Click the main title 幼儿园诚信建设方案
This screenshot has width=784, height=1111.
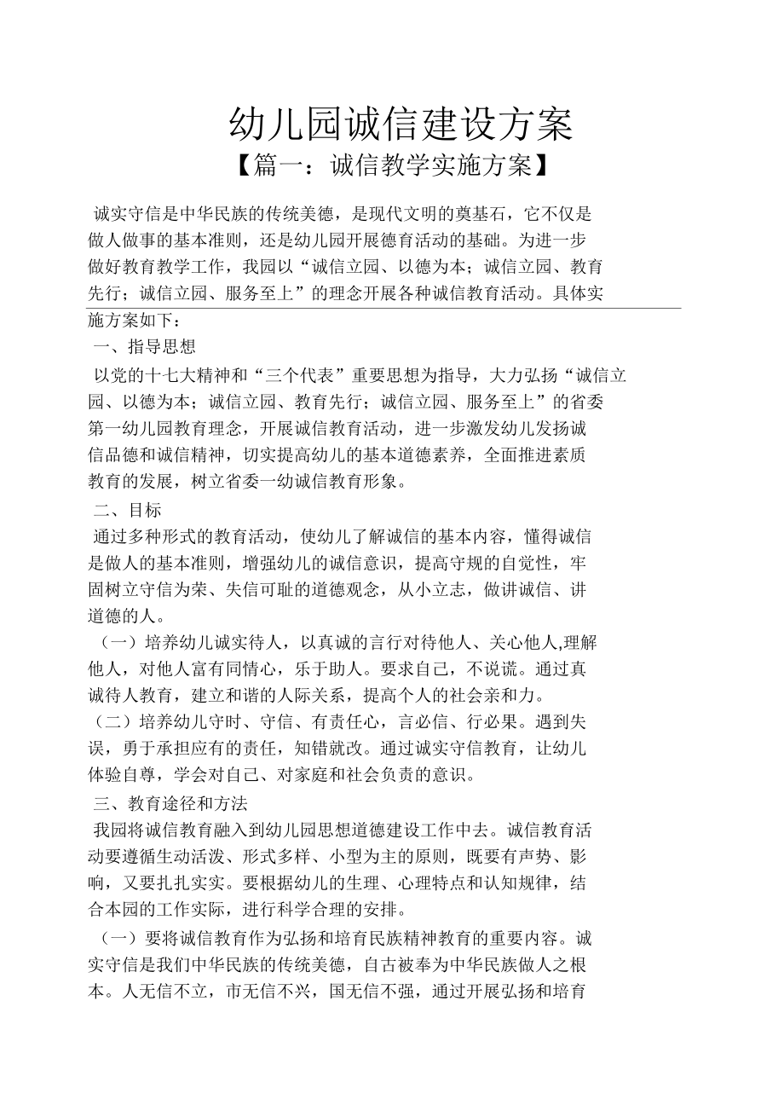(x=401, y=126)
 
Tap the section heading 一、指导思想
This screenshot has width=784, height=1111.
(x=145, y=347)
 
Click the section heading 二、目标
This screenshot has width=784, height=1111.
(x=128, y=511)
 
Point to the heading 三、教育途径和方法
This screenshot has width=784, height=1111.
(x=170, y=802)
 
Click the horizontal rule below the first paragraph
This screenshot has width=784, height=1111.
(x=384, y=309)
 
